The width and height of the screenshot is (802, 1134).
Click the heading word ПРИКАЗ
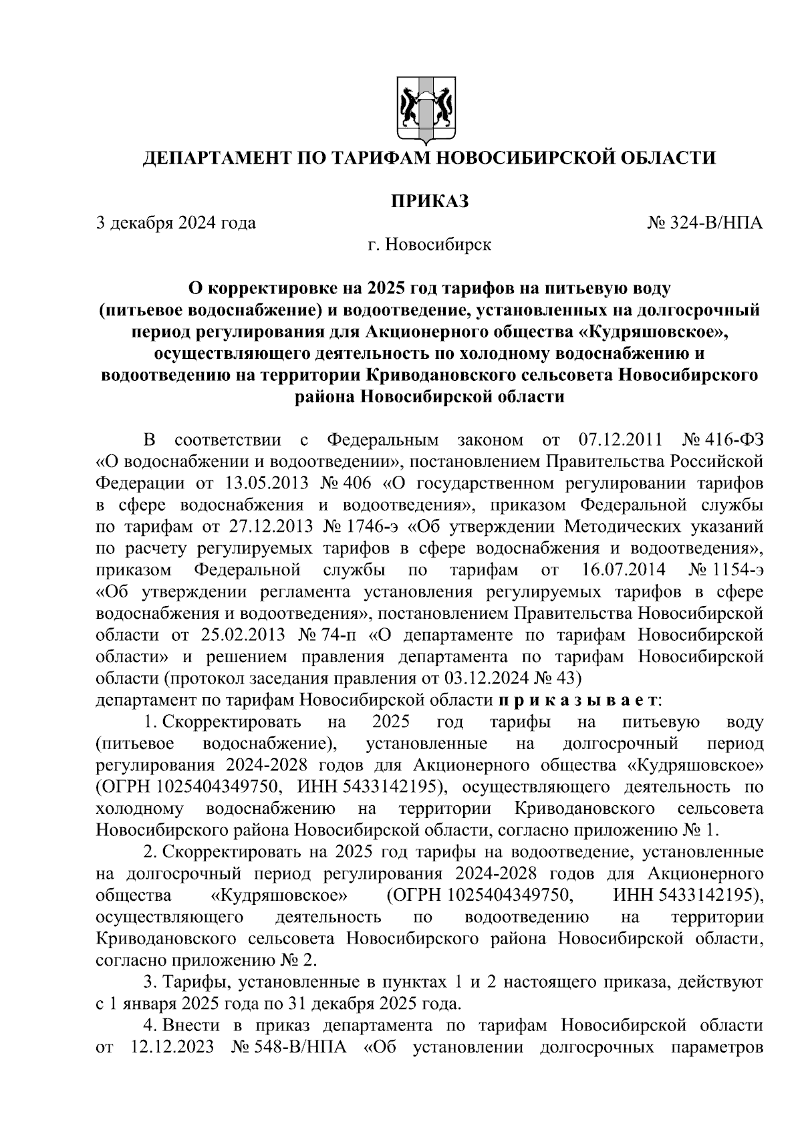tap(428, 200)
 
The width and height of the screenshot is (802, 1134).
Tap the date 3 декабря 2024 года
tap(176, 223)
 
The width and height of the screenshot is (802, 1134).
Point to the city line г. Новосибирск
tap(428, 245)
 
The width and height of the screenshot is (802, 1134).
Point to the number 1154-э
tap(737, 571)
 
